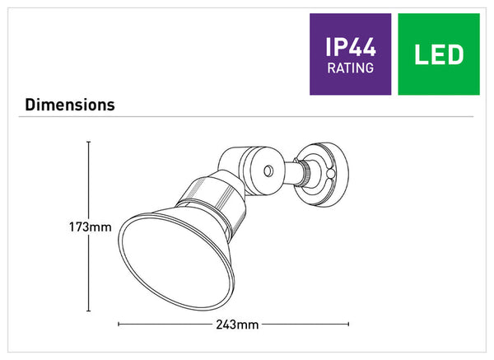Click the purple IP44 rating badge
(351, 54)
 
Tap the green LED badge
(439, 54)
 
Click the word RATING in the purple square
(351, 68)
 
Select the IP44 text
(351, 47)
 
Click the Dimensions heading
(70, 105)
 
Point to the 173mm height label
(91, 227)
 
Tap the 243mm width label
(237, 325)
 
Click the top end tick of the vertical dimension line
(89, 143)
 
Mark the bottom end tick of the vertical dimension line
(89, 311)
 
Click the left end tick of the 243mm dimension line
(119, 324)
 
